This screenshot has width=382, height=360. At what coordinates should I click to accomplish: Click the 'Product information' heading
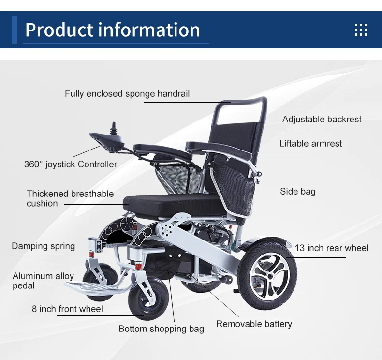[x=112, y=30]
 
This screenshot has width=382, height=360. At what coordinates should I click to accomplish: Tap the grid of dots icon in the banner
[x=361, y=30]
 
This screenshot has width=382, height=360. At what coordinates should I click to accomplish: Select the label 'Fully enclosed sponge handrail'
[x=127, y=94]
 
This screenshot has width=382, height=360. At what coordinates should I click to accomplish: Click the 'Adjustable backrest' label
[x=322, y=120]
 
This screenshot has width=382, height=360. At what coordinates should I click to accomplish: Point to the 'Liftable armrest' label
[x=310, y=144]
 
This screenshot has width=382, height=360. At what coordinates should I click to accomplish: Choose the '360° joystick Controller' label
[x=71, y=165]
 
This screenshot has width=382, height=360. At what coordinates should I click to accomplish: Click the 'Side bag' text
[x=297, y=192]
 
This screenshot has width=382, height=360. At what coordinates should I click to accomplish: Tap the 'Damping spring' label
[x=44, y=246]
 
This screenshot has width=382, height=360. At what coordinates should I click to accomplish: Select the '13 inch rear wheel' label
[x=331, y=248]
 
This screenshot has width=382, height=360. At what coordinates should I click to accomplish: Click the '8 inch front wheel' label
[x=67, y=309]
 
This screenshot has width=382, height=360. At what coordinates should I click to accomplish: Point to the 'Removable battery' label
[x=254, y=324]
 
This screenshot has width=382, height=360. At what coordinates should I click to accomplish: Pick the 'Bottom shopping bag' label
[x=161, y=329]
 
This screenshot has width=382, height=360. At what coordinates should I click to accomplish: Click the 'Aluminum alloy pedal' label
[x=43, y=281]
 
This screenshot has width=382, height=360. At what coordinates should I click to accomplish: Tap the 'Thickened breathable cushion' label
[x=70, y=198]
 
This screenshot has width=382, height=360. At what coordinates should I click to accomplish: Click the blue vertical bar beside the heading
[x=15, y=30]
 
